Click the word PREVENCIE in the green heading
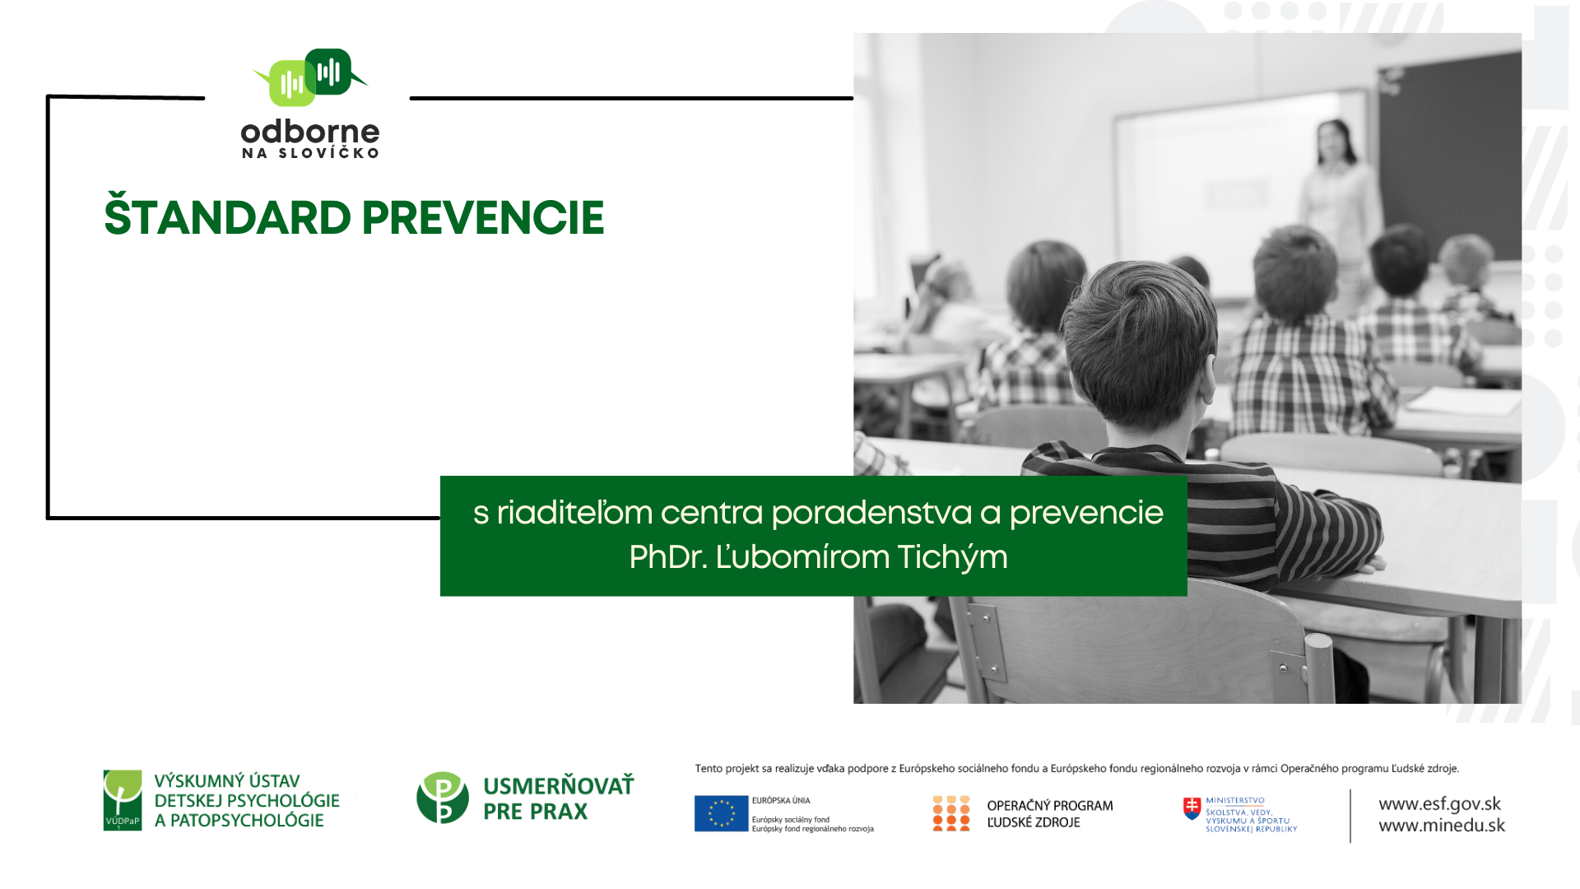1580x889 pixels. (483, 218)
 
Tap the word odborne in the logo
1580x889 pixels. (310, 132)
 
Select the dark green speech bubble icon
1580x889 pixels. (332, 72)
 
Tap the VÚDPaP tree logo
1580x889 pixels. (123, 800)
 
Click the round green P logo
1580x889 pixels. (443, 798)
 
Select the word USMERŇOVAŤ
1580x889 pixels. (559, 785)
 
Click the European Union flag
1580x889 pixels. (721, 813)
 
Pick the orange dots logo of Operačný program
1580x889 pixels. (951, 813)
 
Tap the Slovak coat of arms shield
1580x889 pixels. (1192, 808)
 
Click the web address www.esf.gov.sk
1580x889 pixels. (1439, 804)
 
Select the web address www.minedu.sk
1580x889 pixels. (1442, 826)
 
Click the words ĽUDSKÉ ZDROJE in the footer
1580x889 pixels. (1034, 822)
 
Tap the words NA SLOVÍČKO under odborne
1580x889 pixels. (310, 153)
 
